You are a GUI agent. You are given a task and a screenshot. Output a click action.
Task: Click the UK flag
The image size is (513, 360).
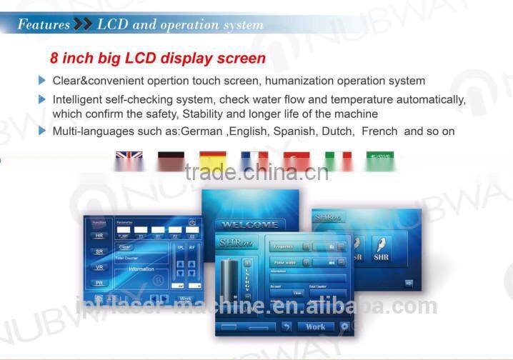(129, 161)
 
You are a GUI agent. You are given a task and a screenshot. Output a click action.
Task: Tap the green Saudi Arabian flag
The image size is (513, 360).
(379, 160)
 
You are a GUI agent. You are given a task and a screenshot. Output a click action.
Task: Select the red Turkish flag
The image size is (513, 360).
(296, 161)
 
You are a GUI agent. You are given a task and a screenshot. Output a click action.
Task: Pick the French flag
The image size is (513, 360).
(254, 161)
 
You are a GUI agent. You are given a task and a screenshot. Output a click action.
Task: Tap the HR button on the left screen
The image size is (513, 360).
(99, 235)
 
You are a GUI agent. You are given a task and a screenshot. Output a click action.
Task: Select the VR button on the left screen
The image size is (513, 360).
(99, 267)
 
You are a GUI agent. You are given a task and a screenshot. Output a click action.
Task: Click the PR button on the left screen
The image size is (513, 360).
(99, 284)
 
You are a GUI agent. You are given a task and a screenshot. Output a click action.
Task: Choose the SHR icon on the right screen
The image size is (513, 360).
(382, 250)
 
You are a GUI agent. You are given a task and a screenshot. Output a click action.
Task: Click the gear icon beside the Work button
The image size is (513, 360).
(344, 326)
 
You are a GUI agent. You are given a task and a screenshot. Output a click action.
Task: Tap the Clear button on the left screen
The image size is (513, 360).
(124, 247)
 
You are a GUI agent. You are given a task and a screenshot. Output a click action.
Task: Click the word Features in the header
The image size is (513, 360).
(44, 24)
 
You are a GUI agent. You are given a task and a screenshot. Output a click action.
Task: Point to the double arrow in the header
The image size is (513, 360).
(83, 24)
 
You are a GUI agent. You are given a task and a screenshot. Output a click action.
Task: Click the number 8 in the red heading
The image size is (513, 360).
(54, 58)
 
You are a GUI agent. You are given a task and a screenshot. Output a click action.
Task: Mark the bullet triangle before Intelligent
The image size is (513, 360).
(42, 98)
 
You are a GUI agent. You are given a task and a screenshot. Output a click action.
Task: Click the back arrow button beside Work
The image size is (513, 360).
(287, 326)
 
